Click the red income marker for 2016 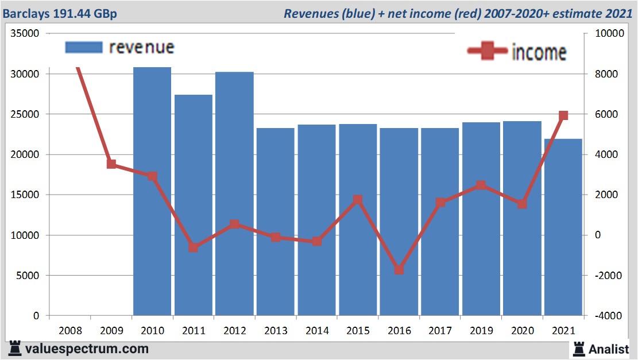click(399, 269)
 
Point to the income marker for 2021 click(563, 115)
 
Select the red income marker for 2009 click(111, 164)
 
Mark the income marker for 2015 click(358, 200)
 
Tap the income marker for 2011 click(194, 247)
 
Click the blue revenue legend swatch click(84, 47)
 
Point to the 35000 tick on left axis click(25, 33)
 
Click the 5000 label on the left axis click(28, 276)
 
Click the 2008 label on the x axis click(70, 331)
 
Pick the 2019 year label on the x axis click(481, 331)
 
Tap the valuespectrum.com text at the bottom click(87, 349)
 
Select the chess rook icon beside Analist click(578, 348)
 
